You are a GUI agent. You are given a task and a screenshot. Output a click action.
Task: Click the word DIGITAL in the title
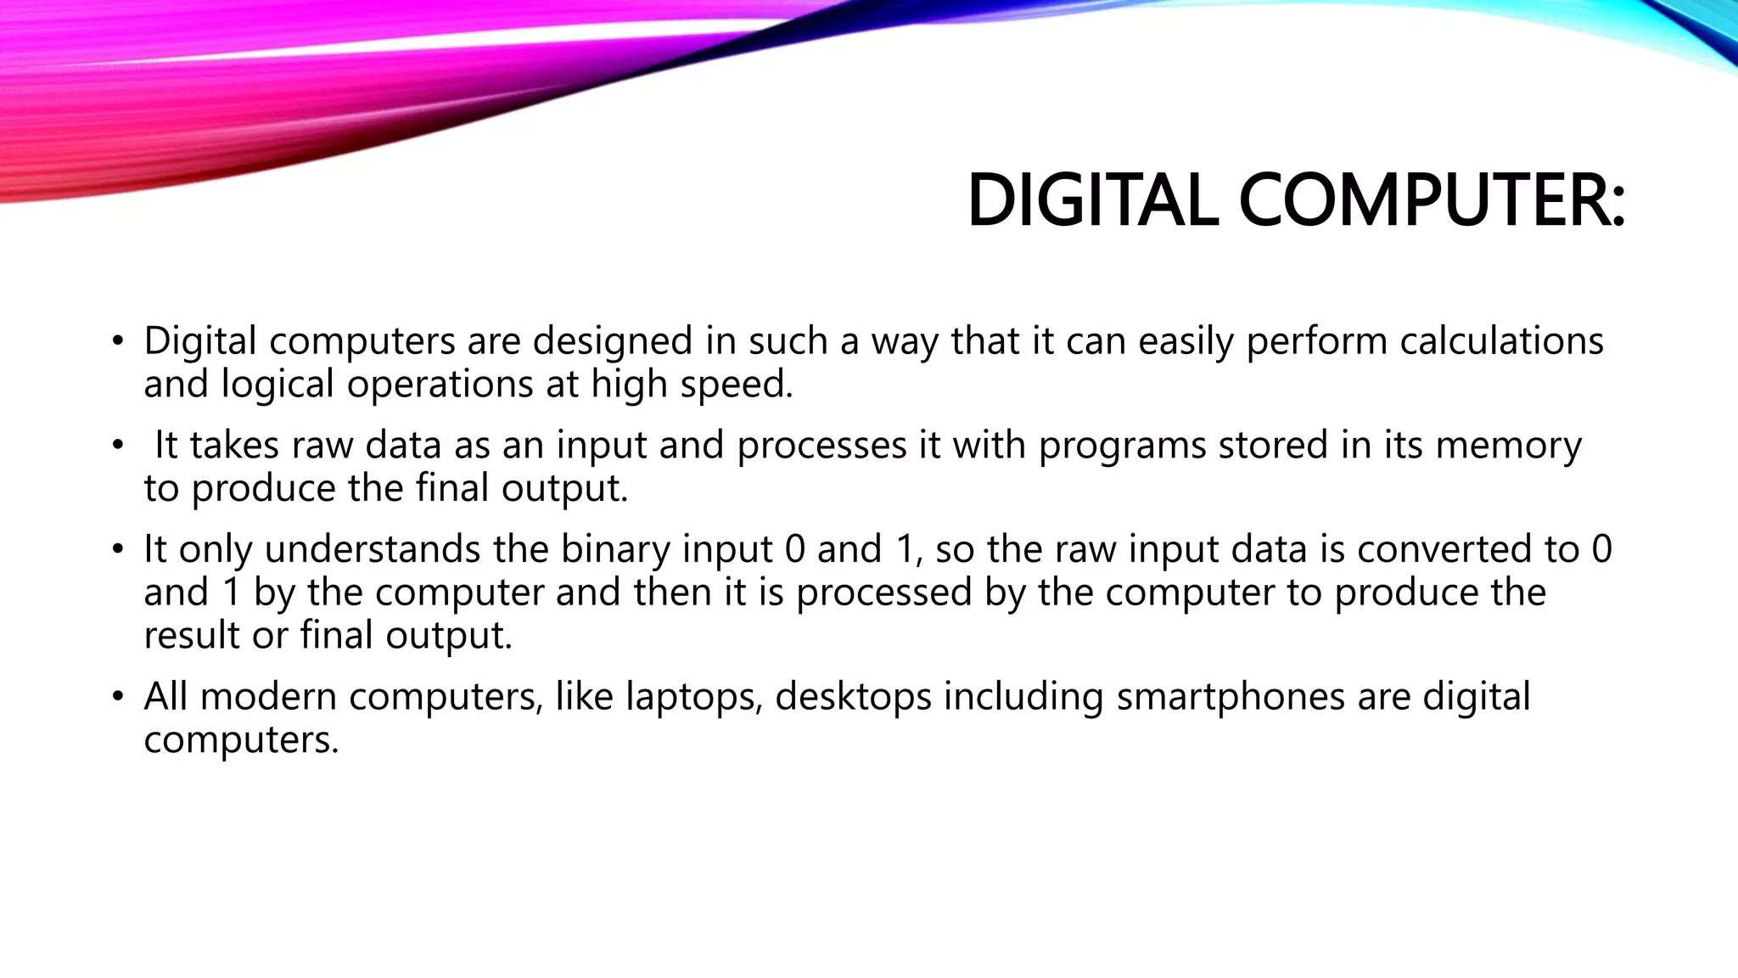click(x=1092, y=200)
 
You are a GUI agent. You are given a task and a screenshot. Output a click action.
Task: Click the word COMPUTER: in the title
click(x=1432, y=200)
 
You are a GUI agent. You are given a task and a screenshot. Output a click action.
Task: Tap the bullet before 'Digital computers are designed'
click(x=118, y=341)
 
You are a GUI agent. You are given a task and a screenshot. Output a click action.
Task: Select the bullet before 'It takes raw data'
click(x=118, y=446)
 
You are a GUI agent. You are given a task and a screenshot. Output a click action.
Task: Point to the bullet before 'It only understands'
click(x=118, y=549)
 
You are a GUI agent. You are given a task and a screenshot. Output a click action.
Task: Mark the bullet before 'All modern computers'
click(x=118, y=697)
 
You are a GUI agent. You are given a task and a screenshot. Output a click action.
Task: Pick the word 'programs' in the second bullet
click(x=1122, y=446)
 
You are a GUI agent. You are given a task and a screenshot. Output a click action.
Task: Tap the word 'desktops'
click(x=853, y=697)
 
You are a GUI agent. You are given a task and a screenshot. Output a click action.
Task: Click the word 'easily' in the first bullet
click(x=1186, y=341)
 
